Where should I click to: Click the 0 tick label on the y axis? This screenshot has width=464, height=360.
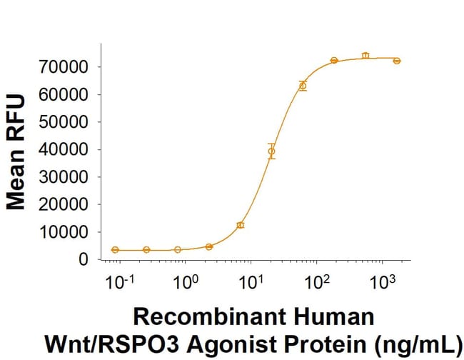84,260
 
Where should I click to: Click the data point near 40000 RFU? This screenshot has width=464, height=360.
271,151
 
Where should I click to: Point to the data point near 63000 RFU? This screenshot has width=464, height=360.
303,86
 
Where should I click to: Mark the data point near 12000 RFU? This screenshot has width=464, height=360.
241,225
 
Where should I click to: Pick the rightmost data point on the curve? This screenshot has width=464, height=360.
397,61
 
